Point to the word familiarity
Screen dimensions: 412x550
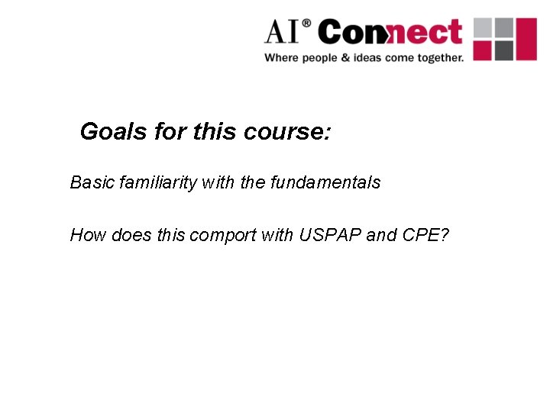pos(156,183)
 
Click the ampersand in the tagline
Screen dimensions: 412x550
pos(341,58)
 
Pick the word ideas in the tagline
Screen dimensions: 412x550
pos(364,58)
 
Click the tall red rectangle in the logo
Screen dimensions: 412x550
pos(526,40)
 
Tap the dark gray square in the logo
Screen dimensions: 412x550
pos(503,50)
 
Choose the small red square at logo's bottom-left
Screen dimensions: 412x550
pos(483,50)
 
